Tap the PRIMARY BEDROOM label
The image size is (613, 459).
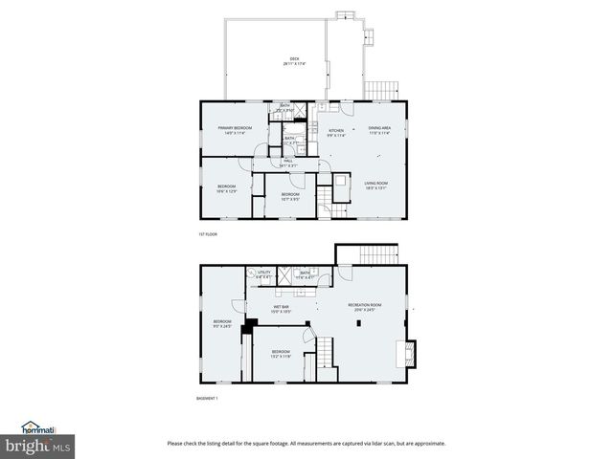click(235, 129)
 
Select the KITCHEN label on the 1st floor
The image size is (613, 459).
click(336, 130)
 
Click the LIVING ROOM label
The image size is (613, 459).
click(375, 185)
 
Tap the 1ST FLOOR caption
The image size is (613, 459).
click(208, 233)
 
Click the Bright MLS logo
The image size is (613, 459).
click(38, 446)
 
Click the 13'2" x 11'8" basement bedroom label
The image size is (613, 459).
click(281, 354)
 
